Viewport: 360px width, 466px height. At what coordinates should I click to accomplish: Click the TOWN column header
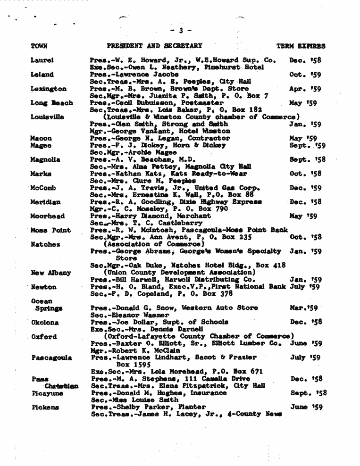(x=39, y=46)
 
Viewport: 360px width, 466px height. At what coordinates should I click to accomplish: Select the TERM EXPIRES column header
(x=301, y=46)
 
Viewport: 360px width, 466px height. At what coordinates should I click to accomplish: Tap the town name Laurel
(x=41, y=60)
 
